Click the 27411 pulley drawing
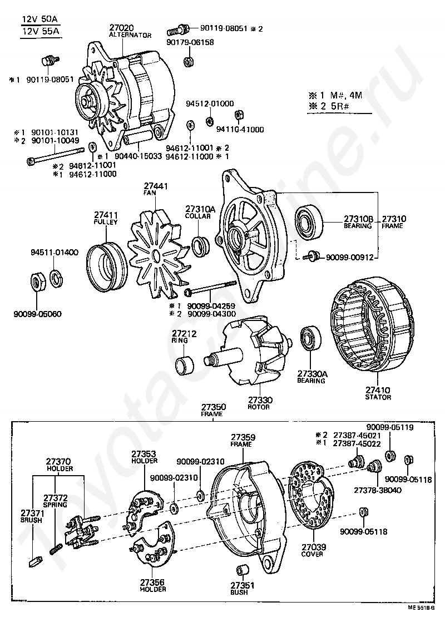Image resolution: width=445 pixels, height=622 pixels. click(x=107, y=269)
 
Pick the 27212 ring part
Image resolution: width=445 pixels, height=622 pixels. click(x=185, y=364)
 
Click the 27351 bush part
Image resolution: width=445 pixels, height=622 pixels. click(x=243, y=571)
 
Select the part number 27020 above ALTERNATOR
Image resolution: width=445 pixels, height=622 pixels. click(x=122, y=28)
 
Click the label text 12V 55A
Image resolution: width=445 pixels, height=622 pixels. click(x=41, y=31)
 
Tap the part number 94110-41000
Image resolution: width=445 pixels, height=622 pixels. click(x=240, y=129)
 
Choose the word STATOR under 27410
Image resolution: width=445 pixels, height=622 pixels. click(x=378, y=397)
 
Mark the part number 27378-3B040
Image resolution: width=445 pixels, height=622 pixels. click(x=378, y=490)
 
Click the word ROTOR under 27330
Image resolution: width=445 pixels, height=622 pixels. click(x=259, y=407)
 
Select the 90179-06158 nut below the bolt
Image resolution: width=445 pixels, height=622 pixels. click(x=188, y=62)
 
